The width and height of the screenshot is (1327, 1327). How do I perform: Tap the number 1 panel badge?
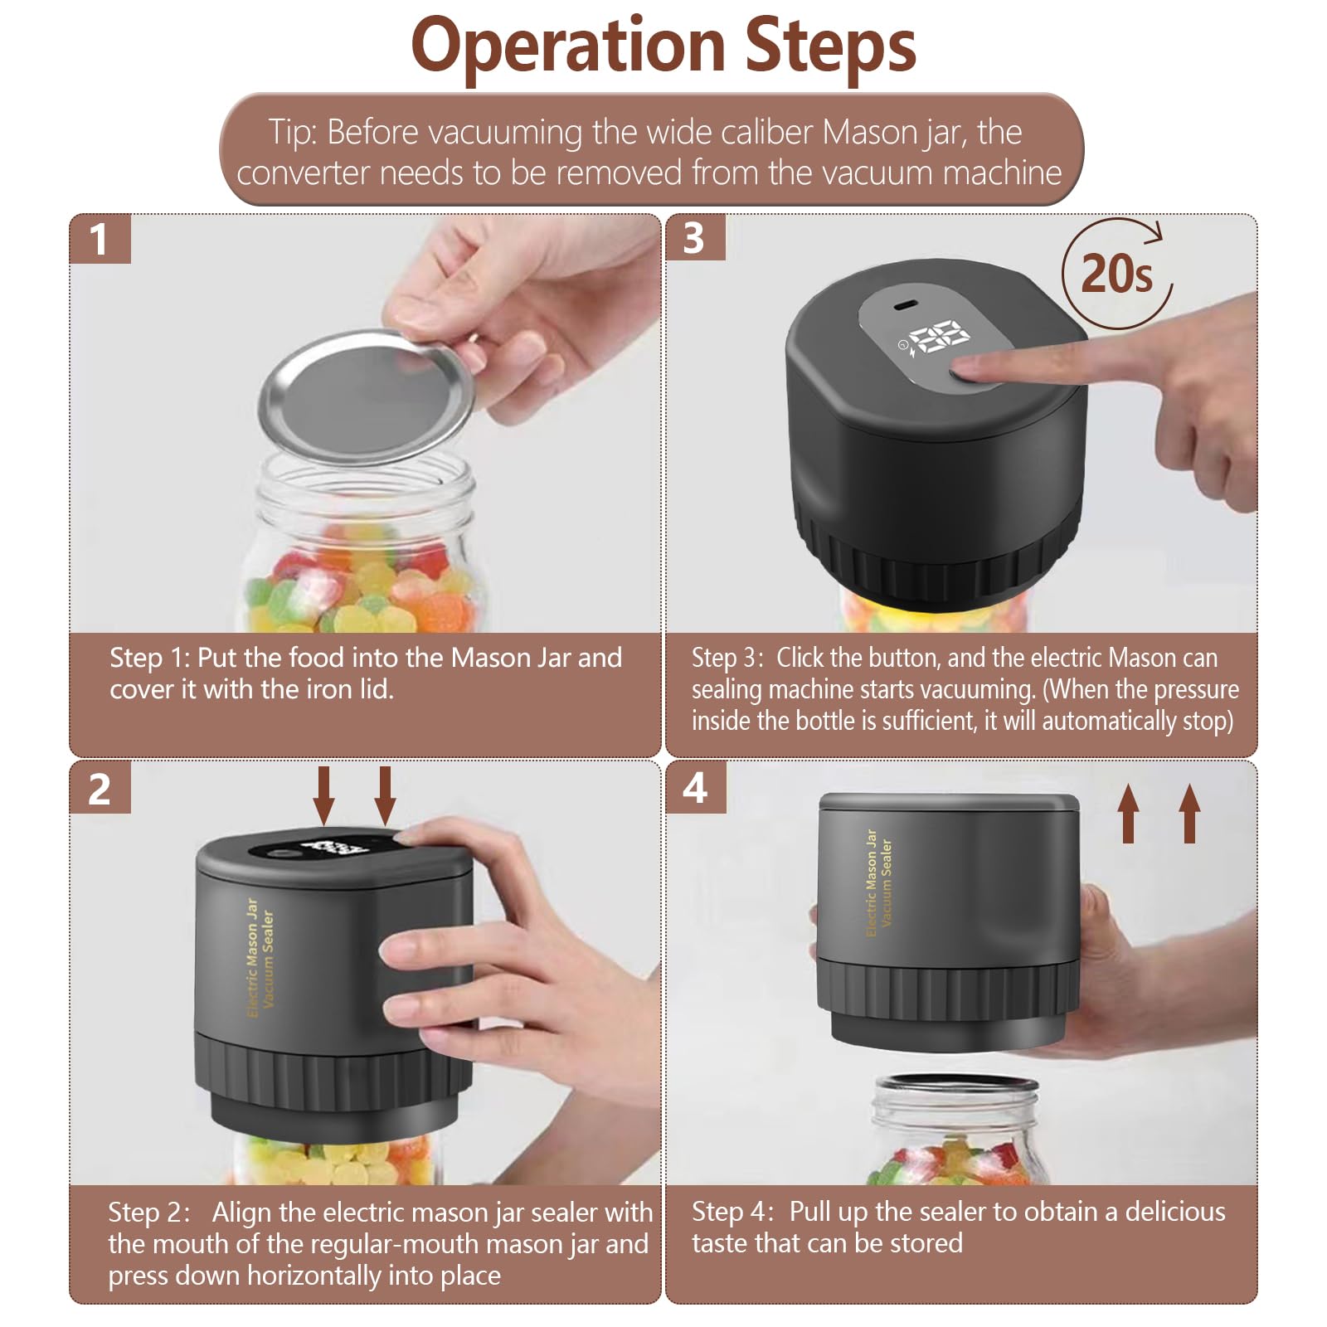[100, 239]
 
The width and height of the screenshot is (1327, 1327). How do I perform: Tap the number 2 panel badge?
[100, 788]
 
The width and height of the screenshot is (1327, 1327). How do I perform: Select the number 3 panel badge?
[695, 238]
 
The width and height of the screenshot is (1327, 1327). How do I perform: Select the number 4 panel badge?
[695, 787]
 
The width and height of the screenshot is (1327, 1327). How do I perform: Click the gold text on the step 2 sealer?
[260, 955]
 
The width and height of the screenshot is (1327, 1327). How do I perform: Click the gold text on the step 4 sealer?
[878, 882]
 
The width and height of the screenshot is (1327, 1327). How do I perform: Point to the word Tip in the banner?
[292, 134]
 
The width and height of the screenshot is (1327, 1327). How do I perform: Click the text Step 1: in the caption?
[150, 658]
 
